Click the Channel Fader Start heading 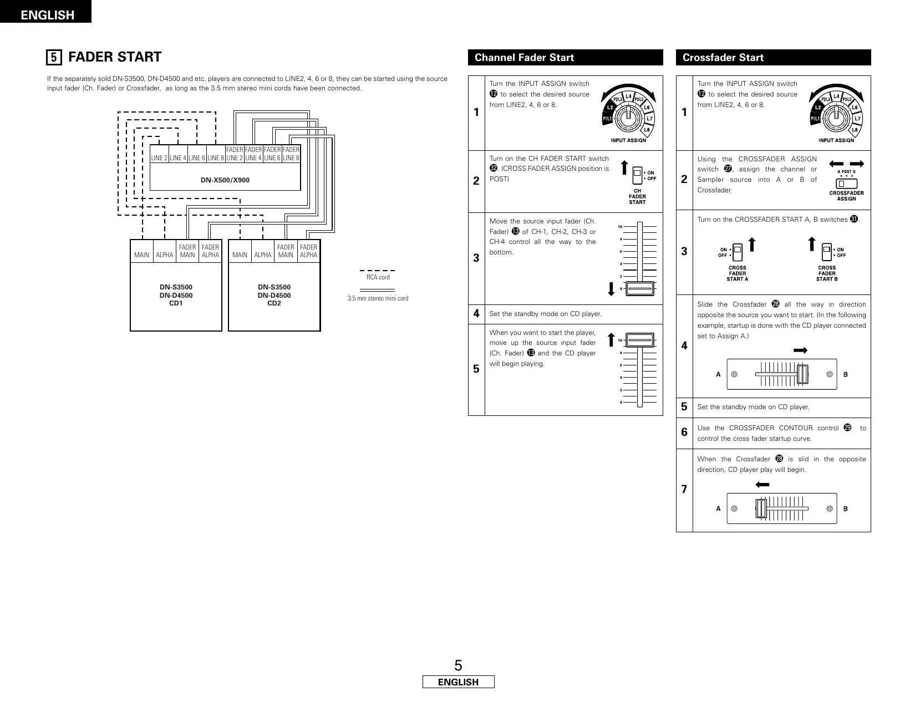tap(524, 58)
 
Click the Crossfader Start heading tap(723, 58)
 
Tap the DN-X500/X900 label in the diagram tap(225, 180)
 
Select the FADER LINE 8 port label tap(291, 154)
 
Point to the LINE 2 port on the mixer tap(159, 158)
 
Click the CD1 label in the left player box tap(176, 303)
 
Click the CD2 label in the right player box tap(274, 303)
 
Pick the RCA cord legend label tap(378, 277)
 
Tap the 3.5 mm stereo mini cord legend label tap(378, 298)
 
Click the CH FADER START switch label tap(637, 197)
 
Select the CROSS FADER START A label tap(737, 273)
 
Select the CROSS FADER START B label tap(827, 273)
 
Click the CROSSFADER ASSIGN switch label tap(846, 196)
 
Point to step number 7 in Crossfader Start tap(684, 489)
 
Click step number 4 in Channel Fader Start tap(476, 314)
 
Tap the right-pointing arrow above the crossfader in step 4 tap(800, 350)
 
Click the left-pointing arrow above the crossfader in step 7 tap(762, 485)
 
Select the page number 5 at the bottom tap(458, 665)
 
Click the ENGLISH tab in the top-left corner tap(47, 15)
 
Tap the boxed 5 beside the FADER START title tap(53, 57)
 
